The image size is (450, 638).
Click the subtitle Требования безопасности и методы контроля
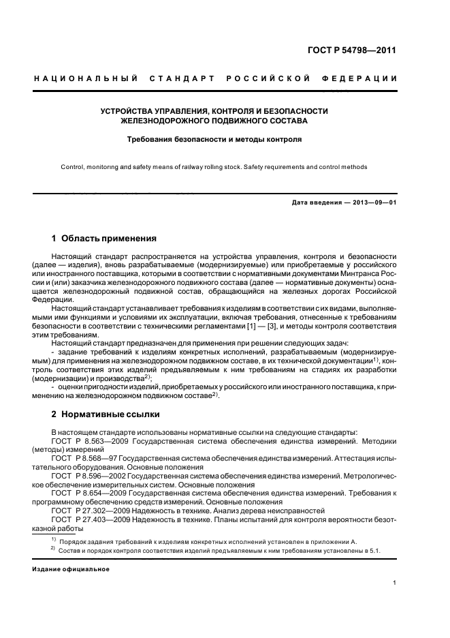pyautogui.click(x=214, y=139)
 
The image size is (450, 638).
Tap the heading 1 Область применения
pyautogui.click(x=104, y=239)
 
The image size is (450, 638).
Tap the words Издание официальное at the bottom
pyautogui.click(x=65, y=568)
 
